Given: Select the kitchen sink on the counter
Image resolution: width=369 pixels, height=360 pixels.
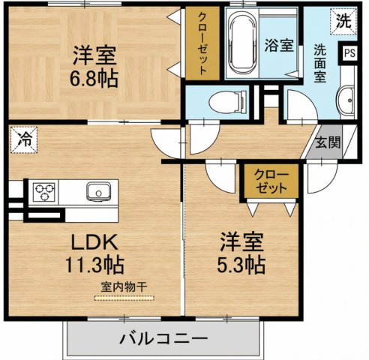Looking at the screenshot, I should click(98, 192).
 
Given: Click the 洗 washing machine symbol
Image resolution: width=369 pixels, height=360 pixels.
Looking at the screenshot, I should click(343, 20).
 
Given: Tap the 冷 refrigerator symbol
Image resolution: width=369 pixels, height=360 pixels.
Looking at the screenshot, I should click(23, 139).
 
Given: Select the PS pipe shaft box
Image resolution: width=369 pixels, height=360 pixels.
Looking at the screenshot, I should click(349, 53).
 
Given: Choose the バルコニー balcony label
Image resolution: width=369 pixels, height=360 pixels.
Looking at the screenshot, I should click(163, 338).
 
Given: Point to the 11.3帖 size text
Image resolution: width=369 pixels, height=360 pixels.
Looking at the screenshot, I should click(93, 265).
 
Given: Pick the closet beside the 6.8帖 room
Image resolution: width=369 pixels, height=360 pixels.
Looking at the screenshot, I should click(203, 43).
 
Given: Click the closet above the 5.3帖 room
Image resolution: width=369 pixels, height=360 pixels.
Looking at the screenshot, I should click(270, 179).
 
